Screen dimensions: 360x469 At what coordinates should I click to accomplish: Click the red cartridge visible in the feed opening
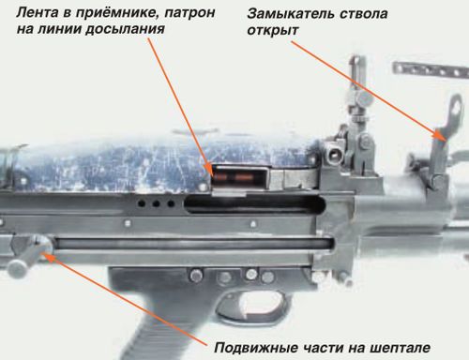click(230, 174)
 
